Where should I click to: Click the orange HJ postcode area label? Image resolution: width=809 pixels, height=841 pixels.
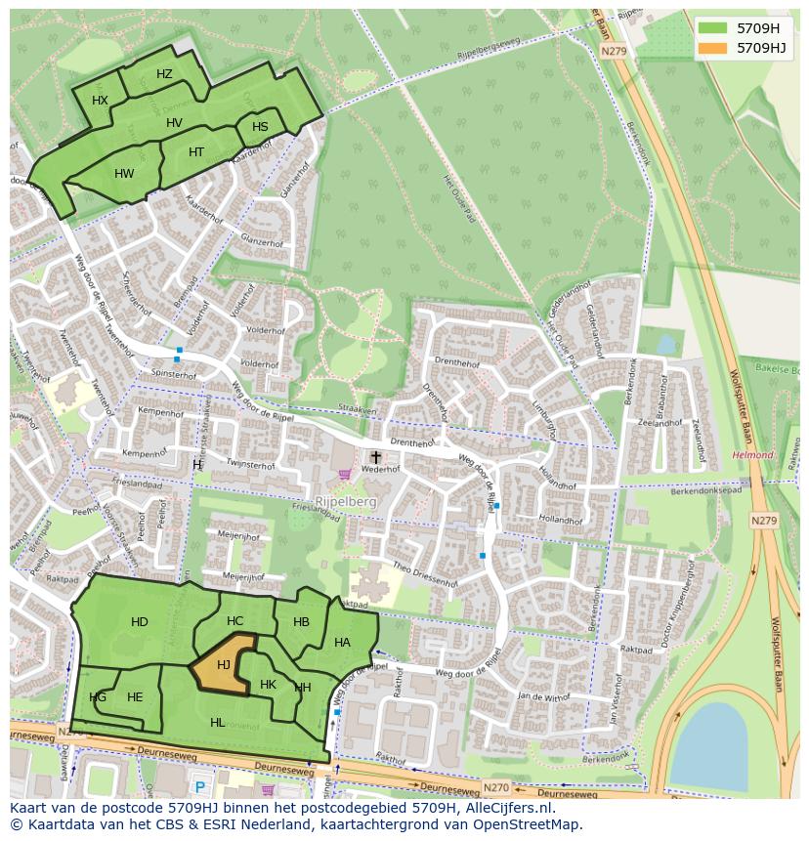(x=224, y=665)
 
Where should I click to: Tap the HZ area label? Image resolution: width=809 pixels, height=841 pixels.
(x=164, y=74)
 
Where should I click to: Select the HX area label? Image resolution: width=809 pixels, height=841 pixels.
(x=100, y=101)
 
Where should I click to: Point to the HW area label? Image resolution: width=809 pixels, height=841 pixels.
(x=124, y=174)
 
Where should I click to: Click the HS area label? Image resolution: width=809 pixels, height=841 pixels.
(x=260, y=127)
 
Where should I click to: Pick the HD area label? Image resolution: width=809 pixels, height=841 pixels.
(x=140, y=622)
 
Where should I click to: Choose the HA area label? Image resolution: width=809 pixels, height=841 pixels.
(x=342, y=643)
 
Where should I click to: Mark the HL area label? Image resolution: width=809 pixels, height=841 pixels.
(x=217, y=723)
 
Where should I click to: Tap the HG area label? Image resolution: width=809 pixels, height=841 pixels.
(x=98, y=697)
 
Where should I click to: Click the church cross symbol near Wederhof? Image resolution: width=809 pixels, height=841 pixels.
(x=375, y=456)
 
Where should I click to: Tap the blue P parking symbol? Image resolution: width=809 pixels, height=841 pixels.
(x=200, y=787)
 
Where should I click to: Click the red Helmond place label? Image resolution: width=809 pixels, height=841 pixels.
(x=752, y=455)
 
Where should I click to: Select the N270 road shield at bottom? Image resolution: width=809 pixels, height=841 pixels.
(x=495, y=786)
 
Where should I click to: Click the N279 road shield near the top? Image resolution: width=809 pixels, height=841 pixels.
(x=614, y=51)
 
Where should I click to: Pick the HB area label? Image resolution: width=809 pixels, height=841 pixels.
(x=301, y=622)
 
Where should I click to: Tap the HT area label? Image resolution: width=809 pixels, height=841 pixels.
(x=196, y=152)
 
